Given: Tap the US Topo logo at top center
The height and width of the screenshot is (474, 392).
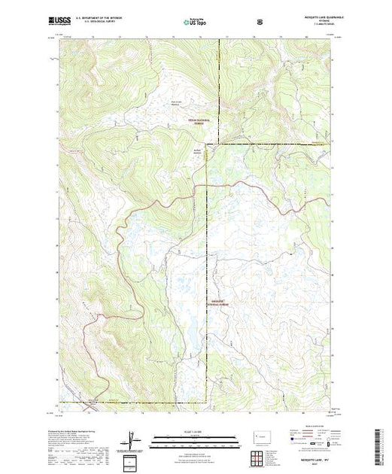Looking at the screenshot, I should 196,23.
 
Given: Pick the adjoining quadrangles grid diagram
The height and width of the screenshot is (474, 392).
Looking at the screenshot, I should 261,455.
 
